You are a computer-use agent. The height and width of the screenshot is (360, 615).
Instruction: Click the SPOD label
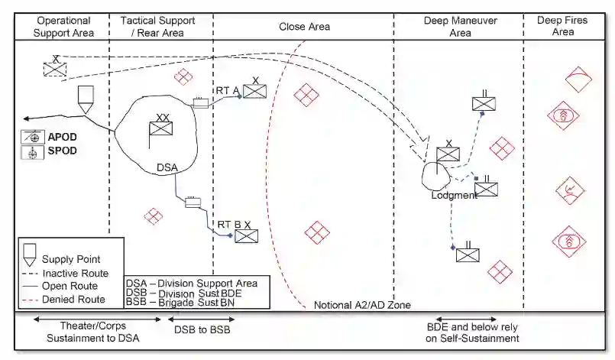click(x=63, y=151)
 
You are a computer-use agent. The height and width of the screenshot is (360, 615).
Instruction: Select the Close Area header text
click(x=304, y=26)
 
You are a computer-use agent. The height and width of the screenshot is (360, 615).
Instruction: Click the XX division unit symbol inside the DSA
click(x=161, y=128)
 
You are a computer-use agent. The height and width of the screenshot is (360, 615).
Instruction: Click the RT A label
click(x=227, y=90)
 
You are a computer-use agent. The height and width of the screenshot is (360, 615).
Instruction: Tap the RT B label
click(x=228, y=224)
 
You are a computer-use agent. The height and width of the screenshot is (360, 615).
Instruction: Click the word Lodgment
click(x=453, y=195)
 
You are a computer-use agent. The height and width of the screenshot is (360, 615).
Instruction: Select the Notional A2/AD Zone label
click(x=362, y=305)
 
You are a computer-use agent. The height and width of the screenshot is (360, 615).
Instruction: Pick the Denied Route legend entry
click(x=74, y=300)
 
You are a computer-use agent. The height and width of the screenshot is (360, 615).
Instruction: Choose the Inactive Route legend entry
click(x=75, y=273)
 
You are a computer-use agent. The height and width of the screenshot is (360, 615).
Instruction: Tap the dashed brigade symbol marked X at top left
click(x=55, y=68)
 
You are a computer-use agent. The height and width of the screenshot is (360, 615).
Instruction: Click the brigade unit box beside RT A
click(x=255, y=92)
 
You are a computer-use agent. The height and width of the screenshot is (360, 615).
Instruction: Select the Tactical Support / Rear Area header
click(x=158, y=26)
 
